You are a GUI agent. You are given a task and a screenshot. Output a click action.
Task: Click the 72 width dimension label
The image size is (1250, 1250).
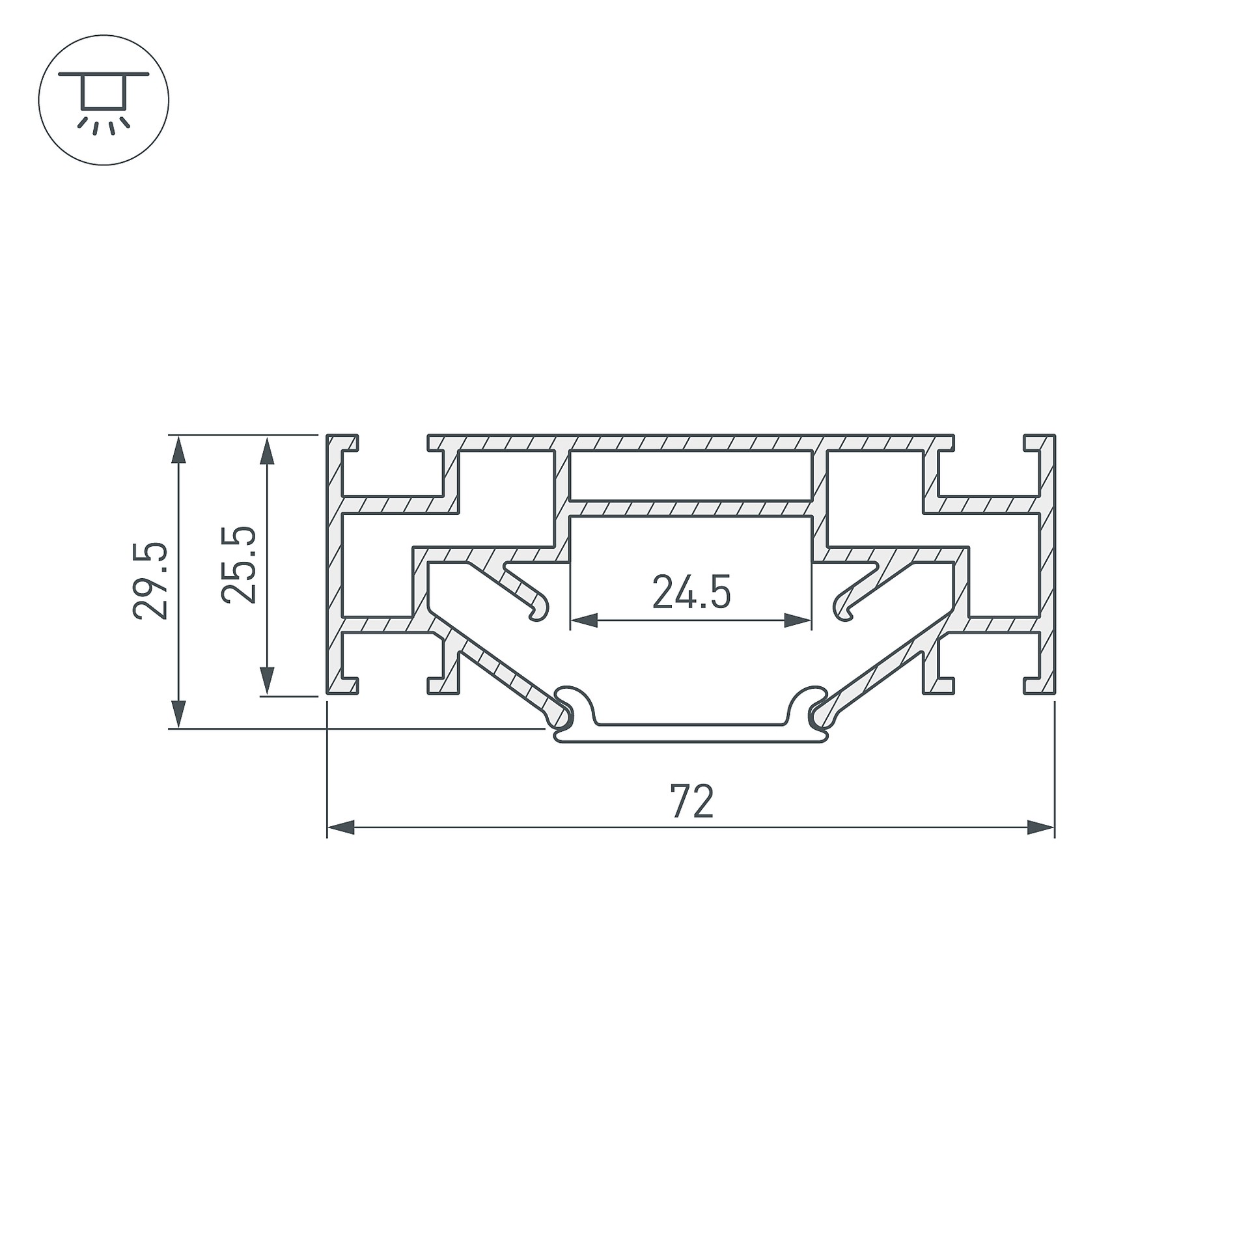[692, 801]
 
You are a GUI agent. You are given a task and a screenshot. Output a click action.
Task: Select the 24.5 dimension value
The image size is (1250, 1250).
[691, 591]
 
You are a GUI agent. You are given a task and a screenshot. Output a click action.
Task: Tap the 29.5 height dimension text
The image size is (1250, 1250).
[150, 580]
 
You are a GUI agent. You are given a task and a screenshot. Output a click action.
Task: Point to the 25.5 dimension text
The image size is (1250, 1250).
[239, 564]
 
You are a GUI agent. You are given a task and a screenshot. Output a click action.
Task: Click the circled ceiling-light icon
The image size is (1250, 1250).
[104, 100]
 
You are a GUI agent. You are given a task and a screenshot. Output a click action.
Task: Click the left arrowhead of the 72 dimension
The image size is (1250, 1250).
[340, 828]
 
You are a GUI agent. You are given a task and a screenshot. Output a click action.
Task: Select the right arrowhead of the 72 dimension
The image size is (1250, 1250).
[1040, 828]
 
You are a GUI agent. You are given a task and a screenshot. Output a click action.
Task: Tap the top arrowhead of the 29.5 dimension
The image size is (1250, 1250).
[178, 449]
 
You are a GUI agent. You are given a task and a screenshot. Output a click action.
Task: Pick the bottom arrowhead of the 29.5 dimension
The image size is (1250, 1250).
[178, 714]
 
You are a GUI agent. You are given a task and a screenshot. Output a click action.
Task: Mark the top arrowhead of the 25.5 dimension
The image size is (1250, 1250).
[267, 449]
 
